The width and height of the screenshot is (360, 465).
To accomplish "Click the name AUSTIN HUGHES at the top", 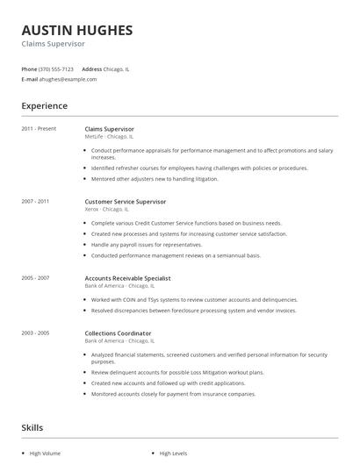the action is pos(77,30).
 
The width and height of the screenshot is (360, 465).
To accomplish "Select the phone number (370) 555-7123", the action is pos(56,68).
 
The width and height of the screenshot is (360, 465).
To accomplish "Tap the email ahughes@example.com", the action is pos(68,79).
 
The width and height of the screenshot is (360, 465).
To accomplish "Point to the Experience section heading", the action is pos(44,106).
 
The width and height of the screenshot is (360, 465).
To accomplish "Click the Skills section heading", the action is pos(32,428).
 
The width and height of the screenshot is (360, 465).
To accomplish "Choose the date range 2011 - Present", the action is pos(39,129).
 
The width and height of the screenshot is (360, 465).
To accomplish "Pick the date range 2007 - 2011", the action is pos(35,202).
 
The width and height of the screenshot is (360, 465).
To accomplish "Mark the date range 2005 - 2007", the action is pos(35,277).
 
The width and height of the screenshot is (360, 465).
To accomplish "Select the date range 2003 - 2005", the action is pos(35,333).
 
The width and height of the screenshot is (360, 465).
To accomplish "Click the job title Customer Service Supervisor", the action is pos(125,202).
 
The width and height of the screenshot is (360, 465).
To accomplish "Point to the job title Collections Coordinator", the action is pos(118,333).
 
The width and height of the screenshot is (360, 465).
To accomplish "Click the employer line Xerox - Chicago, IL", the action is pos(106,210).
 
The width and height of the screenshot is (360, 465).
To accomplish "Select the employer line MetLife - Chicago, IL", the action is pos(109,137).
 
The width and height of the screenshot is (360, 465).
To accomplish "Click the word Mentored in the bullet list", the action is pos(104,179).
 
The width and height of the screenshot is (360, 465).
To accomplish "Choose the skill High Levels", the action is pos(174,454).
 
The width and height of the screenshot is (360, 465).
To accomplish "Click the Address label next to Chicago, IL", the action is pos(92,68).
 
